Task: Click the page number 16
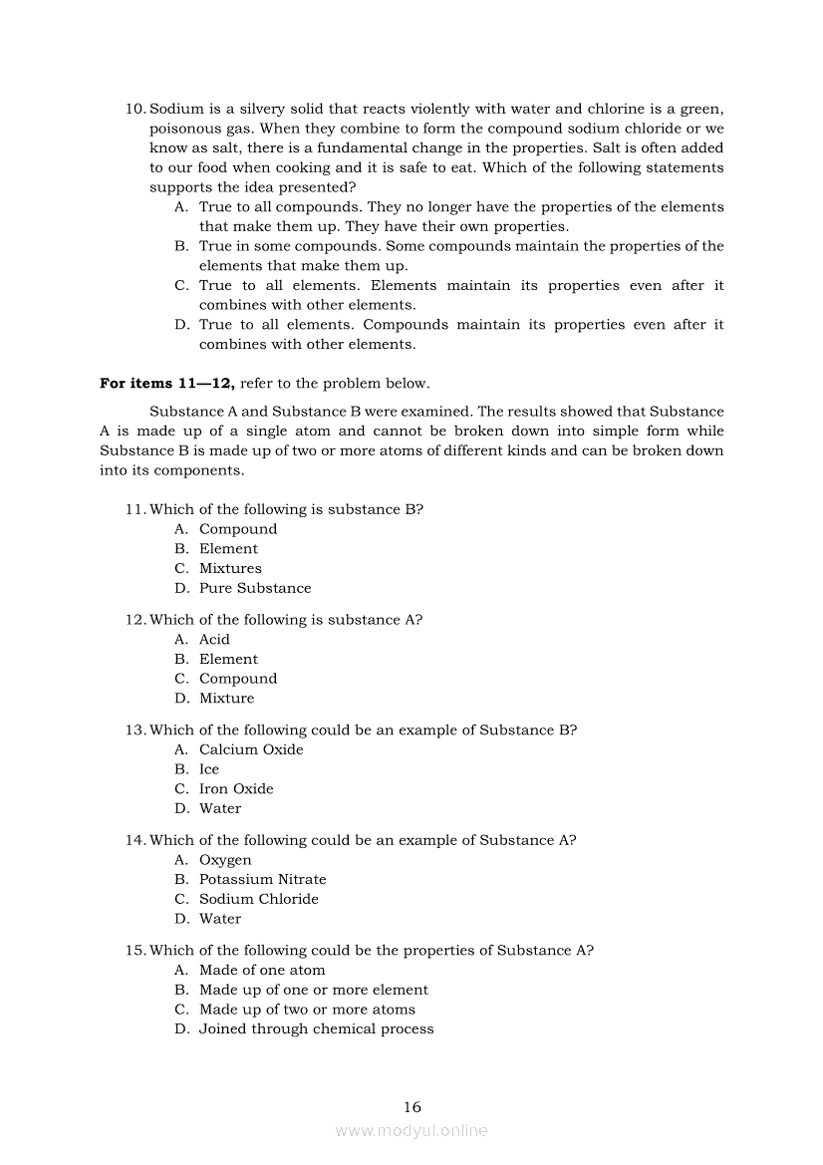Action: tap(412, 1107)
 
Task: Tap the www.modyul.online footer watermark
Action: tap(411, 1131)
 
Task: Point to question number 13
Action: tap(136, 730)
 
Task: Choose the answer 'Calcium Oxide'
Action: tap(251, 750)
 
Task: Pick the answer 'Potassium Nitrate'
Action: tap(262, 880)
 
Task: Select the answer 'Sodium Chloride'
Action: tap(258, 900)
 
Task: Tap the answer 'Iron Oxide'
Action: tap(236, 789)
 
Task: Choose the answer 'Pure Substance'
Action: tap(255, 589)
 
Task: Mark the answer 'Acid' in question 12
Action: tap(214, 640)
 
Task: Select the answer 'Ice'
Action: tap(209, 770)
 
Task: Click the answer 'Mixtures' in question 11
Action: tap(230, 569)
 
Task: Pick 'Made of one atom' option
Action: tap(262, 971)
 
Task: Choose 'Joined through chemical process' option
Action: tap(316, 1029)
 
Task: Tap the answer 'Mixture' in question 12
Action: tap(226, 699)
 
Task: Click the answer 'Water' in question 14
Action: tap(220, 919)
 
